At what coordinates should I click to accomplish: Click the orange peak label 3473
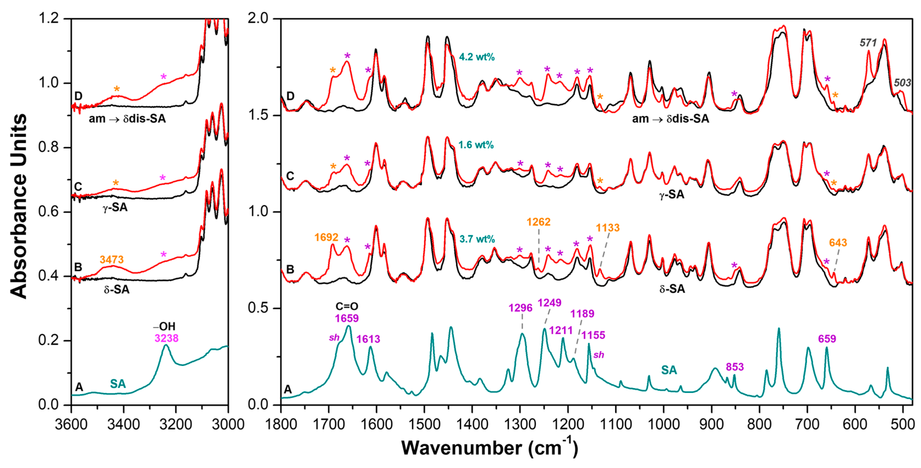click(112, 259)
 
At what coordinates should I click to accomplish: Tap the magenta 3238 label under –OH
click(166, 338)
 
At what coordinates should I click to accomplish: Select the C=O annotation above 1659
click(346, 306)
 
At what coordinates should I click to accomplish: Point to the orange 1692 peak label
click(326, 237)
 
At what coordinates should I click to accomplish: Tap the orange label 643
click(838, 243)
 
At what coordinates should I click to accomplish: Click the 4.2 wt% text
click(477, 57)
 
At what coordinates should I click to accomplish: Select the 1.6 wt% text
click(476, 145)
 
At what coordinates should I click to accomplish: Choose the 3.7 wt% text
click(477, 239)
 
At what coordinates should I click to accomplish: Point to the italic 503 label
click(902, 83)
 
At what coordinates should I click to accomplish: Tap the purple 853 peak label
click(734, 367)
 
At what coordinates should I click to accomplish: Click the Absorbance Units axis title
click(19, 206)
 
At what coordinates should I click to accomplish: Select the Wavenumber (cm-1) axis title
click(489, 448)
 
